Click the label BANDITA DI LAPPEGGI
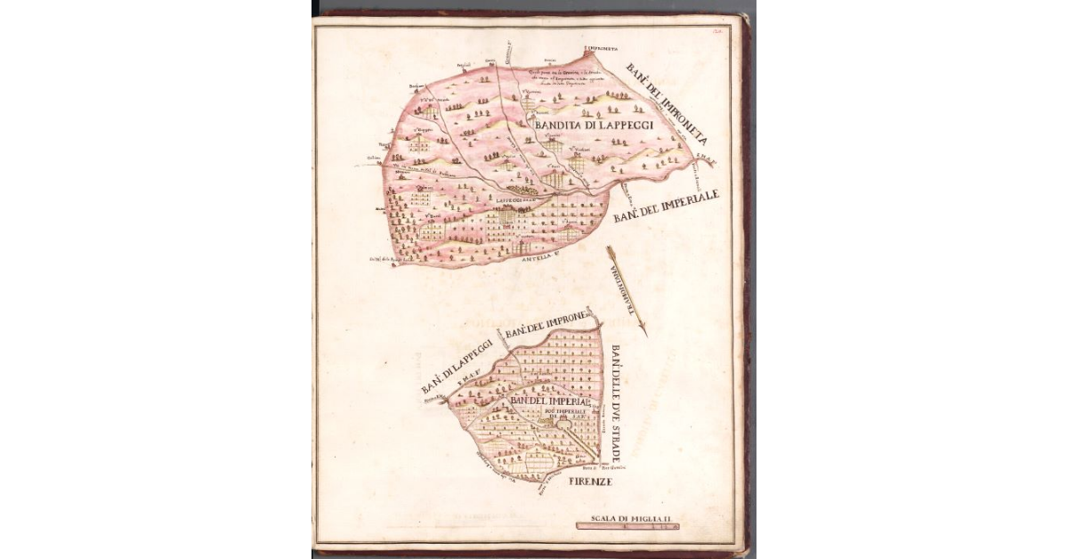(594, 126)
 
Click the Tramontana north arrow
(626, 290)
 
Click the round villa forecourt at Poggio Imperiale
(563, 425)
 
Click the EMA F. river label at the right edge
(703, 163)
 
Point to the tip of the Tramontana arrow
(644, 335)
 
